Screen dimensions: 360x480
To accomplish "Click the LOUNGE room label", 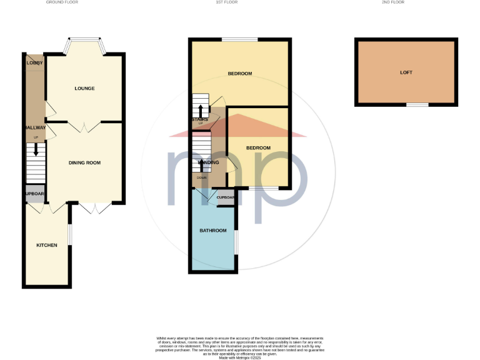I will (x=84, y=88).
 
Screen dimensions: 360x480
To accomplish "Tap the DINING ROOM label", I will (x=84, y=162).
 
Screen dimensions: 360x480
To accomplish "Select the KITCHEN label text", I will (x=47, y=245).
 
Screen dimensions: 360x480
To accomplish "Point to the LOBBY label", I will (x=34, y=62).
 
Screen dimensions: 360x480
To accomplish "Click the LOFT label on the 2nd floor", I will (x=406, y=72).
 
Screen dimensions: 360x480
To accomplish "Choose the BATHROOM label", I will (x=212, y=231).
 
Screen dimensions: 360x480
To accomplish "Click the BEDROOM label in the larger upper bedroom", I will (x=239, y=74).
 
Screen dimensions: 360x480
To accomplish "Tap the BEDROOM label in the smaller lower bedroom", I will (x=258, y=147).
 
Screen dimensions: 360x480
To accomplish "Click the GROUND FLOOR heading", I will (x=62, y=2).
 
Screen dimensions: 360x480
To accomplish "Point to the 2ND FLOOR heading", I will (x=411, y=2).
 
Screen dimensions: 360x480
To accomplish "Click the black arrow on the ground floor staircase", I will (x=36, y=149).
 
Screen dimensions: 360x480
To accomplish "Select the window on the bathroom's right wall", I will (x=236, y=242).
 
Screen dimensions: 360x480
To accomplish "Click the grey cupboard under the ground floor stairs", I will (x=35, y=194).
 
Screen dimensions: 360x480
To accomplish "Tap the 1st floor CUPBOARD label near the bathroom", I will (x=226, y=197).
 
